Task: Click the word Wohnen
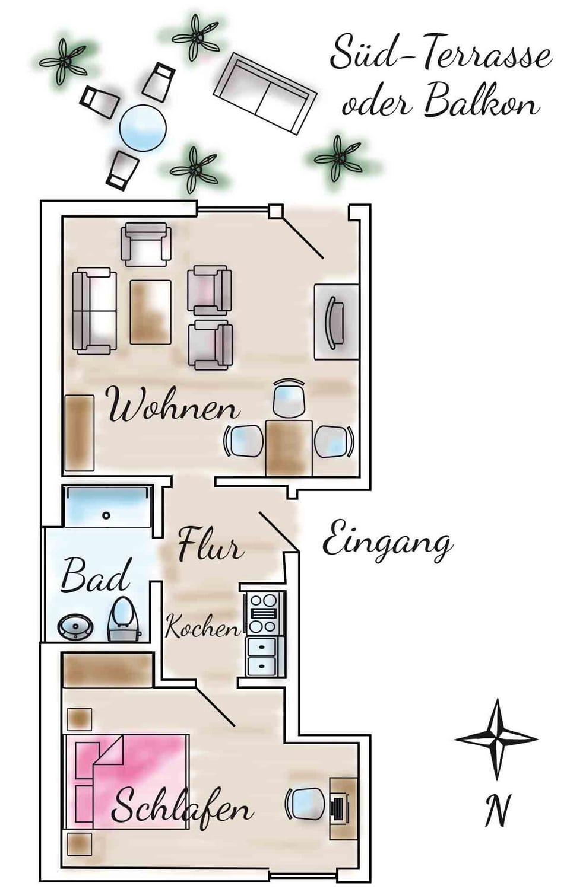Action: [174, 406]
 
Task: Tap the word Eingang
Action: [387, 541]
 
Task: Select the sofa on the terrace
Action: [265, 93]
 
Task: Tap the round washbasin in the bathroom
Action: [76, 627]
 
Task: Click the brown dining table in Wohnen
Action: [289, 448]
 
